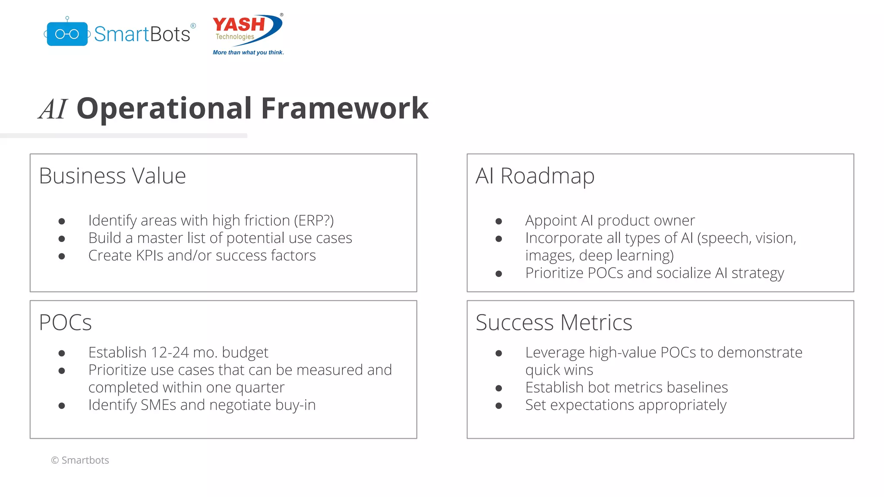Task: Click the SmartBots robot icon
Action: [67, 34]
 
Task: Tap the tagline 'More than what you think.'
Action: [248, 53]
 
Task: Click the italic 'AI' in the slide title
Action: [53, 109]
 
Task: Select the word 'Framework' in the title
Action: [344, 108]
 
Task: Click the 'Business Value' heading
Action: [112, 176]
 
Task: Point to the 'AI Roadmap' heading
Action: [535, 176]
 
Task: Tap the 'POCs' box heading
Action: [65, 323]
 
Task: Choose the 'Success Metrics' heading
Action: [554, 323]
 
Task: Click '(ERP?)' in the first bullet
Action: [314, 220]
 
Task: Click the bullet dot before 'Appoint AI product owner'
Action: [499, 221]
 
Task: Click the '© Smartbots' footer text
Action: [80, 460]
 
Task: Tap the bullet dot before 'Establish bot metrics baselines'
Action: [499, 388]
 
